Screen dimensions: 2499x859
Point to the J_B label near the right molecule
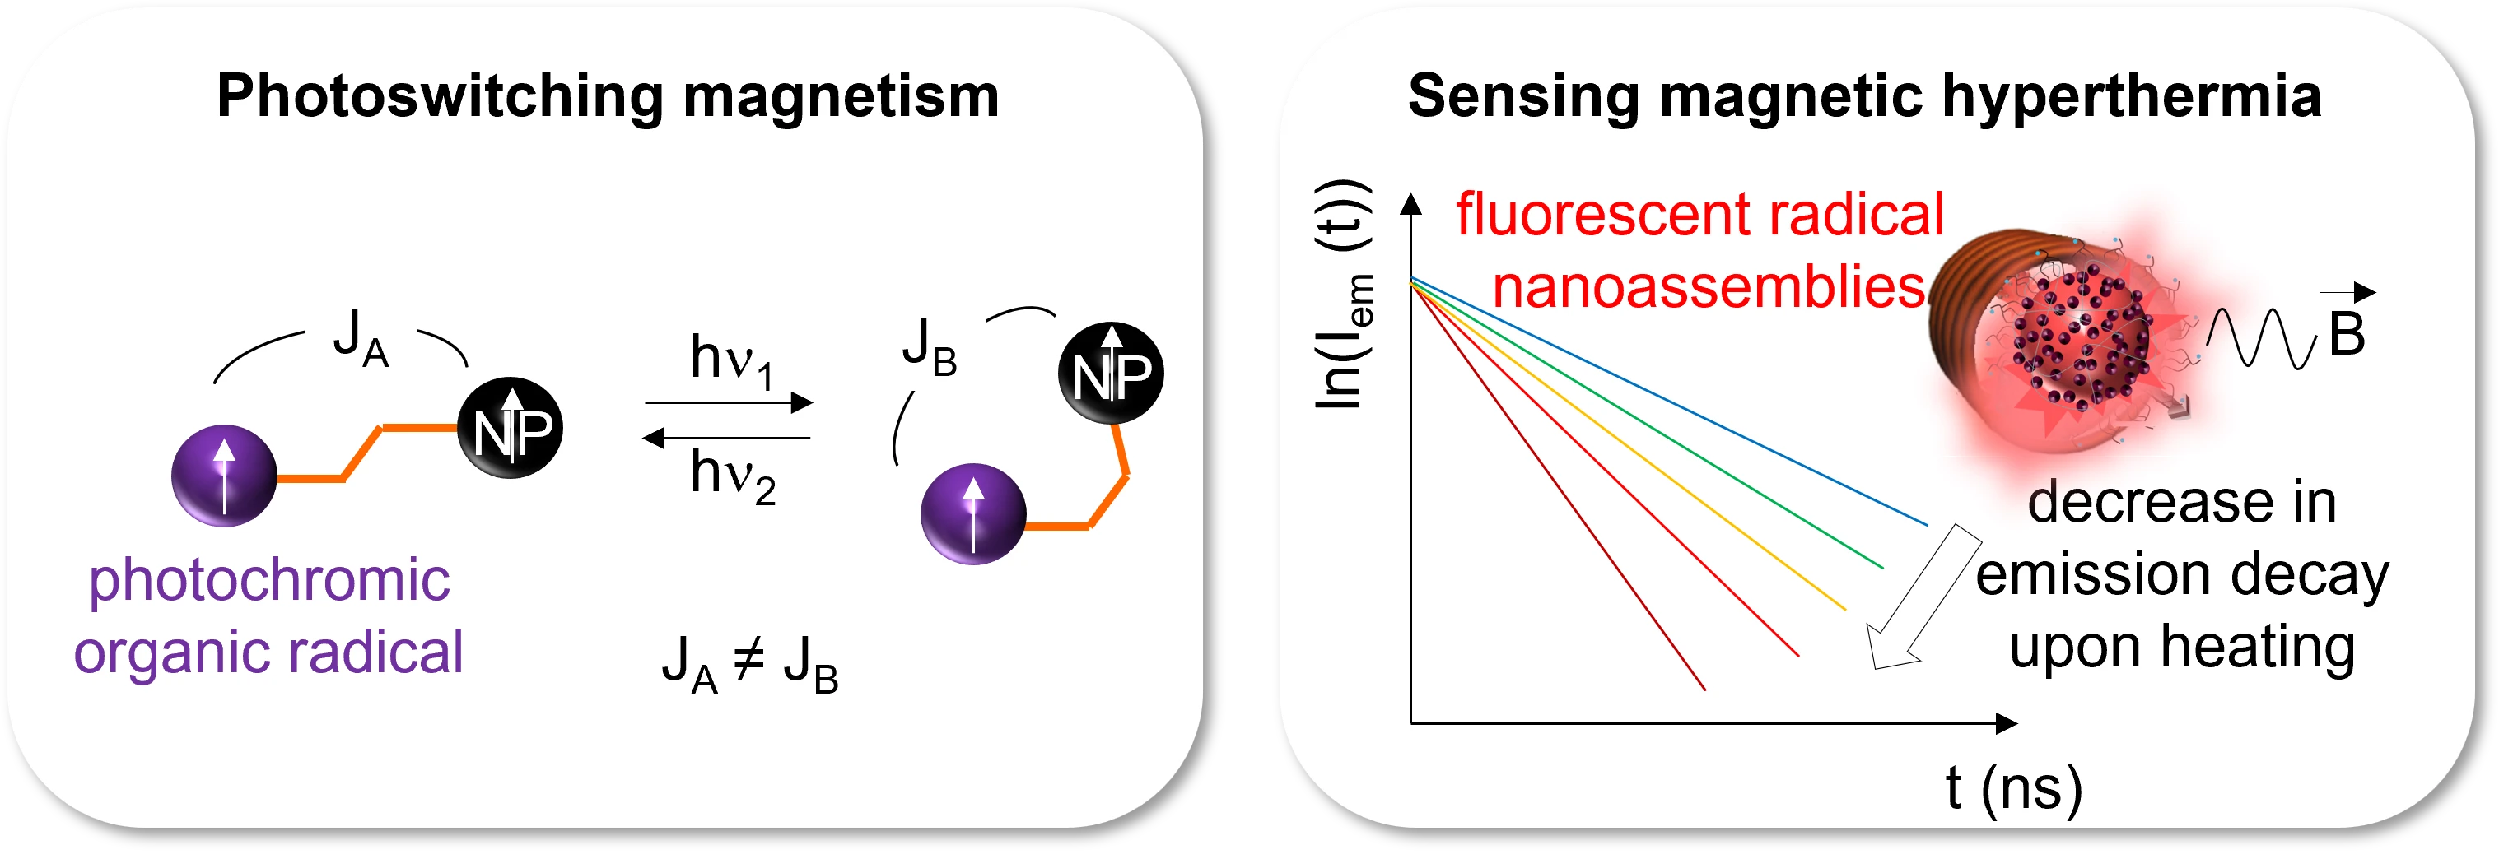930,348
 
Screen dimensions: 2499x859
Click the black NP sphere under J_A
511,428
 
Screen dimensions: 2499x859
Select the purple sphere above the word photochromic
224,475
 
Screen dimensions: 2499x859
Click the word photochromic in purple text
270,582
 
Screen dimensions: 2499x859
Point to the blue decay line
1668,402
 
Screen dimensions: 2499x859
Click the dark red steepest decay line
1557,485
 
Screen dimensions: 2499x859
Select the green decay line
1646,424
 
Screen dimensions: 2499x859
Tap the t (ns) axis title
2014,789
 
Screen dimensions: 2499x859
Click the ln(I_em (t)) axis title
1345,295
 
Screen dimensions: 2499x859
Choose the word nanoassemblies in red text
1709,288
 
